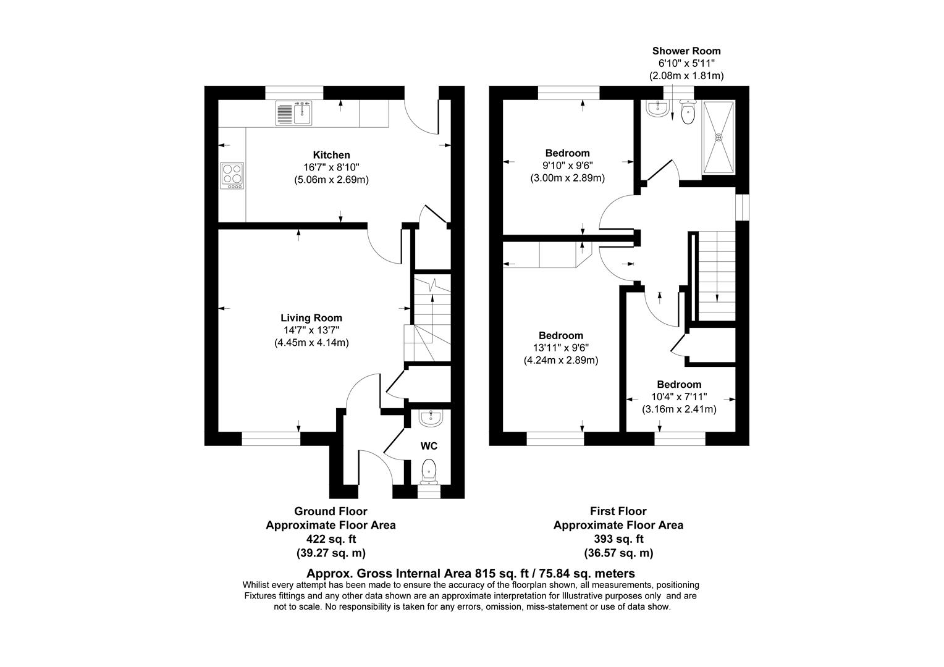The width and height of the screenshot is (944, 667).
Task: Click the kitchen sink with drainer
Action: click(x=295, y=112)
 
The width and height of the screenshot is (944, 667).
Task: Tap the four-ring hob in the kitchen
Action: click(x=233, y=175)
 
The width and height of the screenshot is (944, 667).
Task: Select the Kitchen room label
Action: click(x=331, y=155)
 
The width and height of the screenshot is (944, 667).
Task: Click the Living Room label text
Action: click(x=311, y=317)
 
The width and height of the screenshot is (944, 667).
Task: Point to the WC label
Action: click(x=429, y=445)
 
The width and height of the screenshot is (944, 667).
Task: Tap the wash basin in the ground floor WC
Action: click(x=430, y=419)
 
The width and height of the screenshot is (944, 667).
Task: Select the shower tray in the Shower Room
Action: click(x=719, y=136)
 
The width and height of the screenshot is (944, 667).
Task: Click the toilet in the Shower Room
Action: click(x=687, y=113)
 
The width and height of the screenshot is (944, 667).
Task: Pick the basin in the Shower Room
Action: click(x=657, y=109)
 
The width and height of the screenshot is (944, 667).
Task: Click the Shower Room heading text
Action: click(x=686, y=51)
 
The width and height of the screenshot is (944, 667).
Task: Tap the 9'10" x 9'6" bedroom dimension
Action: click(x=567, y=166)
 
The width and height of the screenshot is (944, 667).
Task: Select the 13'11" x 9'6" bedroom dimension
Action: click(x=561, y=348)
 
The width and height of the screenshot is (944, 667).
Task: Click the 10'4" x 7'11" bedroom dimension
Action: click(x=679, y=396)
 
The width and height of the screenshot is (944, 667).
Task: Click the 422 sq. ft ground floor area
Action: click(x=331, y=539)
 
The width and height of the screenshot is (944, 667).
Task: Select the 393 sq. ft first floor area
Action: click(x=618, y=539)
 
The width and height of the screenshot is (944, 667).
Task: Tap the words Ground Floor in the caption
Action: click(x=331, y=511)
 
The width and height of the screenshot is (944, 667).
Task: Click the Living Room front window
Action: click(x=271, y=438)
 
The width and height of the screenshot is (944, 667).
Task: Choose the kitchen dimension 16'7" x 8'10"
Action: click(x=331, y=167)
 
